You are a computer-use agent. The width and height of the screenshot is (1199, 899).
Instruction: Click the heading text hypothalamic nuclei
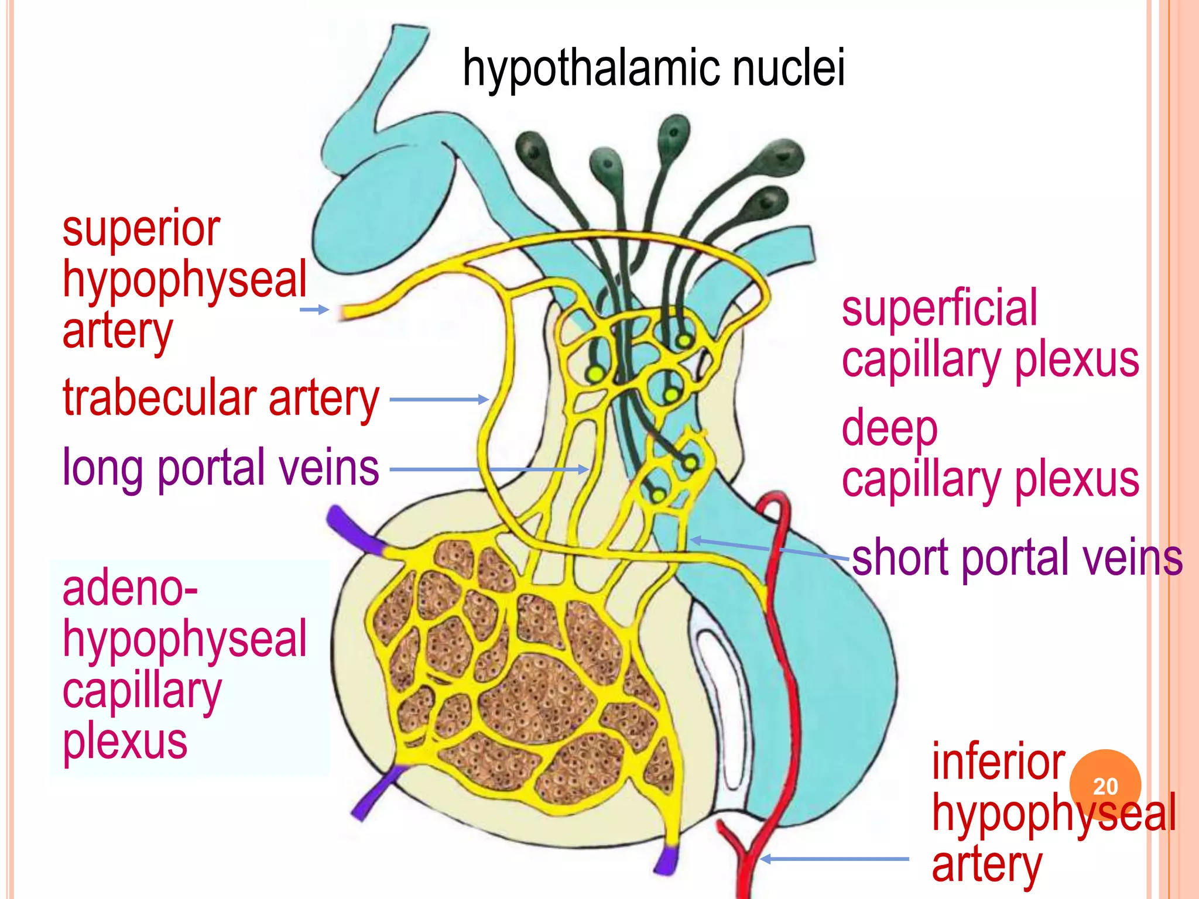[653, 69]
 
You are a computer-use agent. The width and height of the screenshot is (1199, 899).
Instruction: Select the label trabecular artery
[221, 399]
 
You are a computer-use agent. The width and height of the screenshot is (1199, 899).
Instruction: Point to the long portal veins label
[221, 468]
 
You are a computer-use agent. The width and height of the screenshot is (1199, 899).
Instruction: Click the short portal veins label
[1017, 558]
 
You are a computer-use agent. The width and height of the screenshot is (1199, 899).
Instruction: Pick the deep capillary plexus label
[990, 454]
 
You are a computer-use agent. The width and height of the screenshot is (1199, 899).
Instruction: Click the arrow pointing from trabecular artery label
[439, 400]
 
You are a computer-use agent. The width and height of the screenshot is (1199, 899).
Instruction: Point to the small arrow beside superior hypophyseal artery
[314, 310]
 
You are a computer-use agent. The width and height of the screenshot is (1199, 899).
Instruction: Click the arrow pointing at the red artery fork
[834, 859]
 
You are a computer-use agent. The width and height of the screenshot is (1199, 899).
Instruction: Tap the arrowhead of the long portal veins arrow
[582, 469]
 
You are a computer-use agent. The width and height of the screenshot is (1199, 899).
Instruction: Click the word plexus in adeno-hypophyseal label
[125, 742]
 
